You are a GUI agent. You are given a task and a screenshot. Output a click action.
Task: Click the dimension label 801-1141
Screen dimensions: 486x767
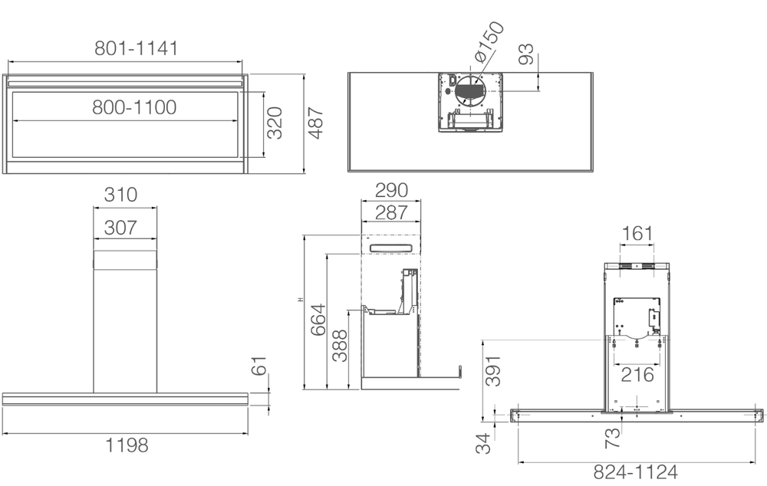pos(137,49)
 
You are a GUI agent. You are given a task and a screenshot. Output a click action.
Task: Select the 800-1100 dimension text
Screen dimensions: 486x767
pos(135,107)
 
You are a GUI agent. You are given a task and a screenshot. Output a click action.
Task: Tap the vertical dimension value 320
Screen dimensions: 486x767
pos(275,123)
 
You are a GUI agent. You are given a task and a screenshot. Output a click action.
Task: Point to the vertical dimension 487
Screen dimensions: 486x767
pos(315,123)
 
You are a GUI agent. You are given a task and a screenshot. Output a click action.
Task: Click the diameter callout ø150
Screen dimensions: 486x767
pos(488,43)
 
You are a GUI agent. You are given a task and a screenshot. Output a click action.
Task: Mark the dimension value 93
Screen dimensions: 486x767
pos(526,54)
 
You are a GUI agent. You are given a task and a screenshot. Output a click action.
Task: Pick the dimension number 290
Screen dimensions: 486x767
pos(390,190)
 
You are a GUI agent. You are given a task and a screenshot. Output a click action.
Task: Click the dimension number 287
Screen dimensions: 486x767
pos(390,212)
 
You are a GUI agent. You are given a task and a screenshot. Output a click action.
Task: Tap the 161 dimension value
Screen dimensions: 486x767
pos(637,233)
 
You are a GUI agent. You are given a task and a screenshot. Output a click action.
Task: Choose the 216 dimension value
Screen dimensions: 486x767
pos(637,375)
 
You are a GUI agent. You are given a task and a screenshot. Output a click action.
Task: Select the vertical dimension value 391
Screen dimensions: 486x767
pos(494,371)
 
